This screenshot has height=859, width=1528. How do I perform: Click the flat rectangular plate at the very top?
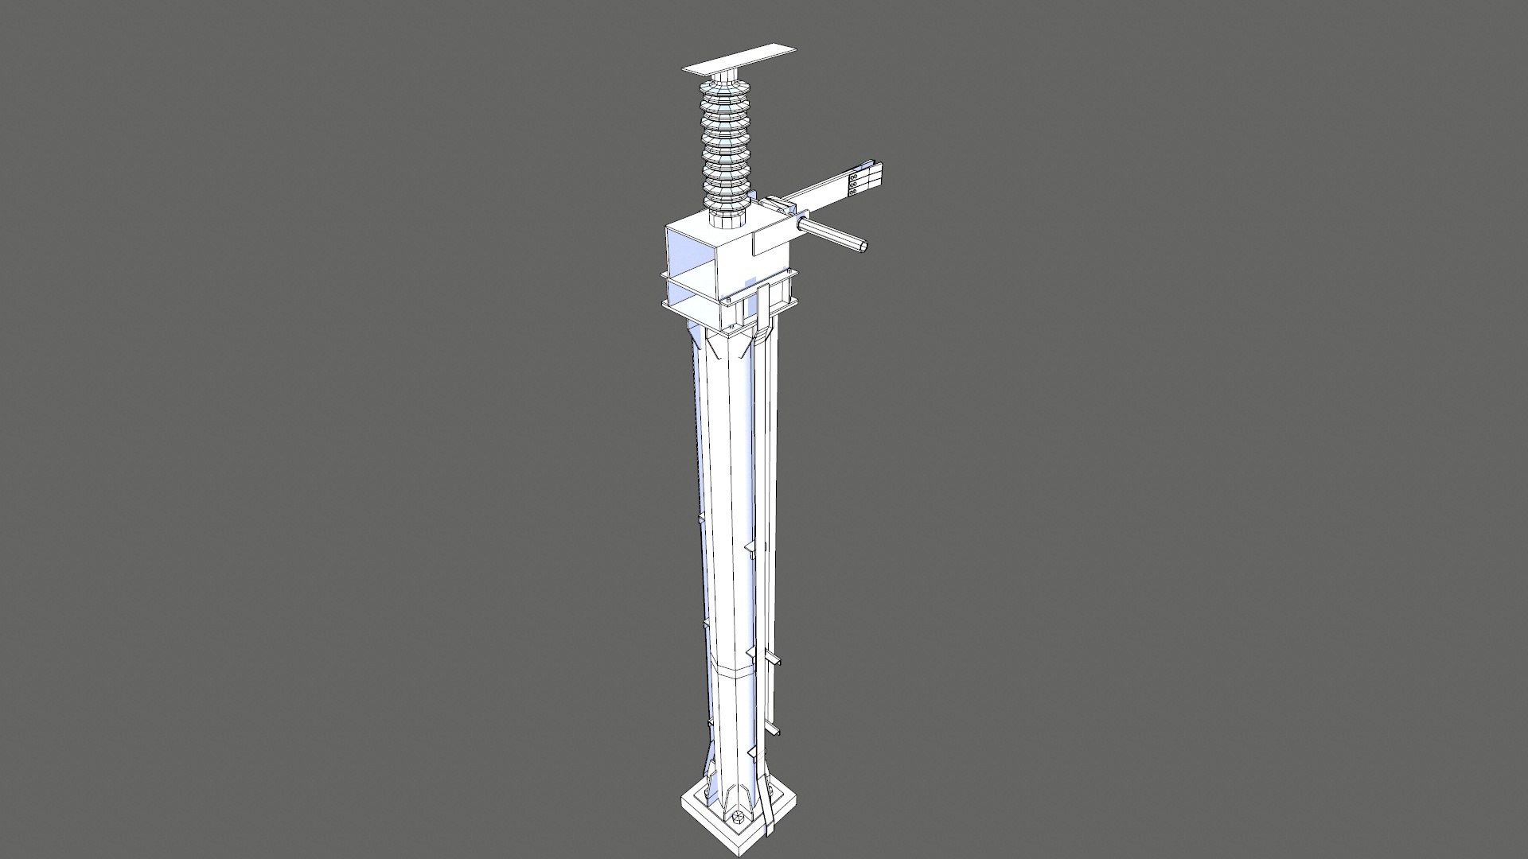point(739,60)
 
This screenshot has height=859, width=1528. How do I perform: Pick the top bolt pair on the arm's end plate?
point(856,170)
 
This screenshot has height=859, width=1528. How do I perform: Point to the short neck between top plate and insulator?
point(726,76)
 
